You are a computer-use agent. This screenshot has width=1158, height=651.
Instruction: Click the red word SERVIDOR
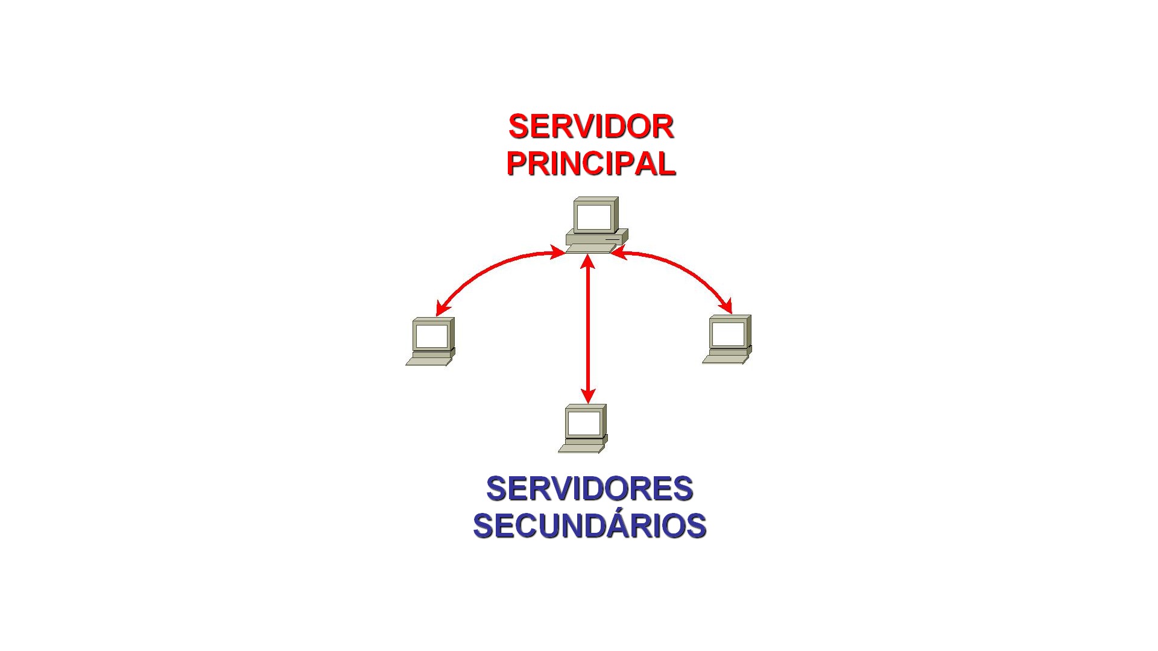(x=590, y=127)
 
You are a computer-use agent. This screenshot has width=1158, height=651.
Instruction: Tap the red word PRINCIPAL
(x=590, y=163)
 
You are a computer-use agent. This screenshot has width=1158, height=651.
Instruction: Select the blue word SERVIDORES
(x=589, y=488)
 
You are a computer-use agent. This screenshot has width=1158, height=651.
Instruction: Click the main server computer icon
(x=596, y=224)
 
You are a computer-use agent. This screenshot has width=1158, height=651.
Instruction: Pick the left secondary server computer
(x=431, y=341)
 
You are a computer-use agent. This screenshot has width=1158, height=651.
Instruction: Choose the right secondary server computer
(x=727, y=339)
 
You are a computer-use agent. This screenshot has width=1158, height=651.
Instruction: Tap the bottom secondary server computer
(x=583, y=428)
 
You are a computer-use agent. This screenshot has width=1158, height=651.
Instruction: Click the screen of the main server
(x=594, y=216)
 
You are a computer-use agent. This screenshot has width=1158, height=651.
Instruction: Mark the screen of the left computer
(x=432, y=336)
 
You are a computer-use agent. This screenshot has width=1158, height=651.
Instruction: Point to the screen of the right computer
(x=728, y=333)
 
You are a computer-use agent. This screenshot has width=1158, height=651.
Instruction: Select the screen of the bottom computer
(x=584, y=423)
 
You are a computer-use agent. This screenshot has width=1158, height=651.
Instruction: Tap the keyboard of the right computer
(x=725, y=360)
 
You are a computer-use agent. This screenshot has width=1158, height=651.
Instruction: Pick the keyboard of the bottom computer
(x=581, y=448)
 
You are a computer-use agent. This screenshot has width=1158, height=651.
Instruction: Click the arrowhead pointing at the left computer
(x=443, y=307)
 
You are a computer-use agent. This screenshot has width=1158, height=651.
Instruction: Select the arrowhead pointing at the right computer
(x=725, y=306)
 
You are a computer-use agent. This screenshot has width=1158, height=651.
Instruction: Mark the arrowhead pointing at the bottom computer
(x=587, y=395)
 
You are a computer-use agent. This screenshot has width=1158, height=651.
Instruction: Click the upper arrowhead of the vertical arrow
(x=587, y=262)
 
